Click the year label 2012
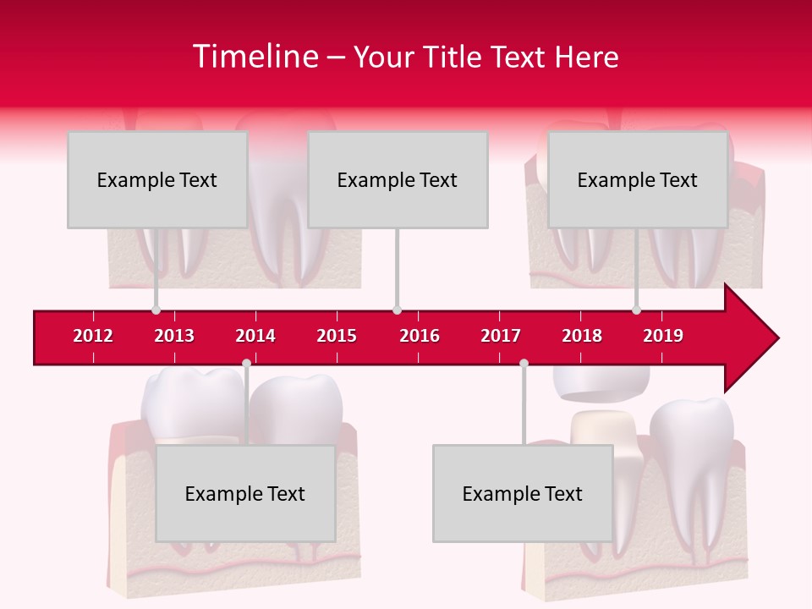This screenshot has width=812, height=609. click(93, 336)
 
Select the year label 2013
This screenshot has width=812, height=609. click(174, 336)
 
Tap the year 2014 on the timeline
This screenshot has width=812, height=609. click(255, 336)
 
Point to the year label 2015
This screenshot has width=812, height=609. click(337, 336)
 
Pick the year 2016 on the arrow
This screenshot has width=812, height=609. click(420, 336)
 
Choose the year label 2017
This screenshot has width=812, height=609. click(501, 336)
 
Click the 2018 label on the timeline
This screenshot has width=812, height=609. click(582, 336)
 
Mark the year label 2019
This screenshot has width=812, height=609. click(663, 336)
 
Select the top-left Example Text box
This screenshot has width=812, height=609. click(157, 179)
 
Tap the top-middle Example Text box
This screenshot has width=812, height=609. click(398, 179)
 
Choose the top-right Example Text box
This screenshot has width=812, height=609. click(638, 179)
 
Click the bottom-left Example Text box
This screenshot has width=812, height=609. click(245, 493)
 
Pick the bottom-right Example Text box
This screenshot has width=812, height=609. click(523, 493)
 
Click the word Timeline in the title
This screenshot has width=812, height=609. click(255, 57)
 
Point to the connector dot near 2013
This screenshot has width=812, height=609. click(156, 310)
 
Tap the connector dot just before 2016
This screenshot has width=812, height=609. click(397, 310)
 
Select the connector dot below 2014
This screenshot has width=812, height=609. click(246, 364)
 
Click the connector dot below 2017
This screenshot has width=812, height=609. click(524, 364)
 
